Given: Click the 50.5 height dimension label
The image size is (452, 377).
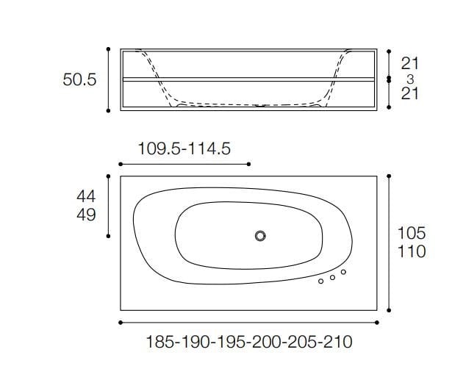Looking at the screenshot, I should [79, 79].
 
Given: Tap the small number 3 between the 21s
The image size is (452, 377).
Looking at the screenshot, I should [410, 79].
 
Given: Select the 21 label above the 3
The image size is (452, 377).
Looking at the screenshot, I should [410, 64].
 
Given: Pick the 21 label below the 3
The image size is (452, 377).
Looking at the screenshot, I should [410, 94].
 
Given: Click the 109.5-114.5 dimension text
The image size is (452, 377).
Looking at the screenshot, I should [184, 149].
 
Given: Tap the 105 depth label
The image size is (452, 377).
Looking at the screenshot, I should [412, 233].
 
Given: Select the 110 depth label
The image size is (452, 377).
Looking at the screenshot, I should [412, 252].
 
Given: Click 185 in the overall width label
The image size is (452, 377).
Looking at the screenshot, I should [161, 342].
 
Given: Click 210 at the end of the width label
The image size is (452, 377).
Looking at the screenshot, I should [337, 342].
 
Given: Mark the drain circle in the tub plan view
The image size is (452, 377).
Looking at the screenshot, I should [259, 236].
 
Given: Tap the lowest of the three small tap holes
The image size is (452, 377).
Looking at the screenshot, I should [321, 281].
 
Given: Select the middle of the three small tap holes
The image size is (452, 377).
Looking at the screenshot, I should [332, 277].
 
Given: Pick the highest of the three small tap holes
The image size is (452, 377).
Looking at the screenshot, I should [343, 272].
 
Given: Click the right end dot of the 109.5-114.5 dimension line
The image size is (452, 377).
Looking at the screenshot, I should [249, 164].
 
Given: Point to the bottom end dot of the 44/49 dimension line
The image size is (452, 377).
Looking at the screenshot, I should [109, 236].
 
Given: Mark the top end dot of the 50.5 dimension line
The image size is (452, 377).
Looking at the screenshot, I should [109, 49].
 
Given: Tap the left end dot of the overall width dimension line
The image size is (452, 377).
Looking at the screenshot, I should [121, 323].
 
